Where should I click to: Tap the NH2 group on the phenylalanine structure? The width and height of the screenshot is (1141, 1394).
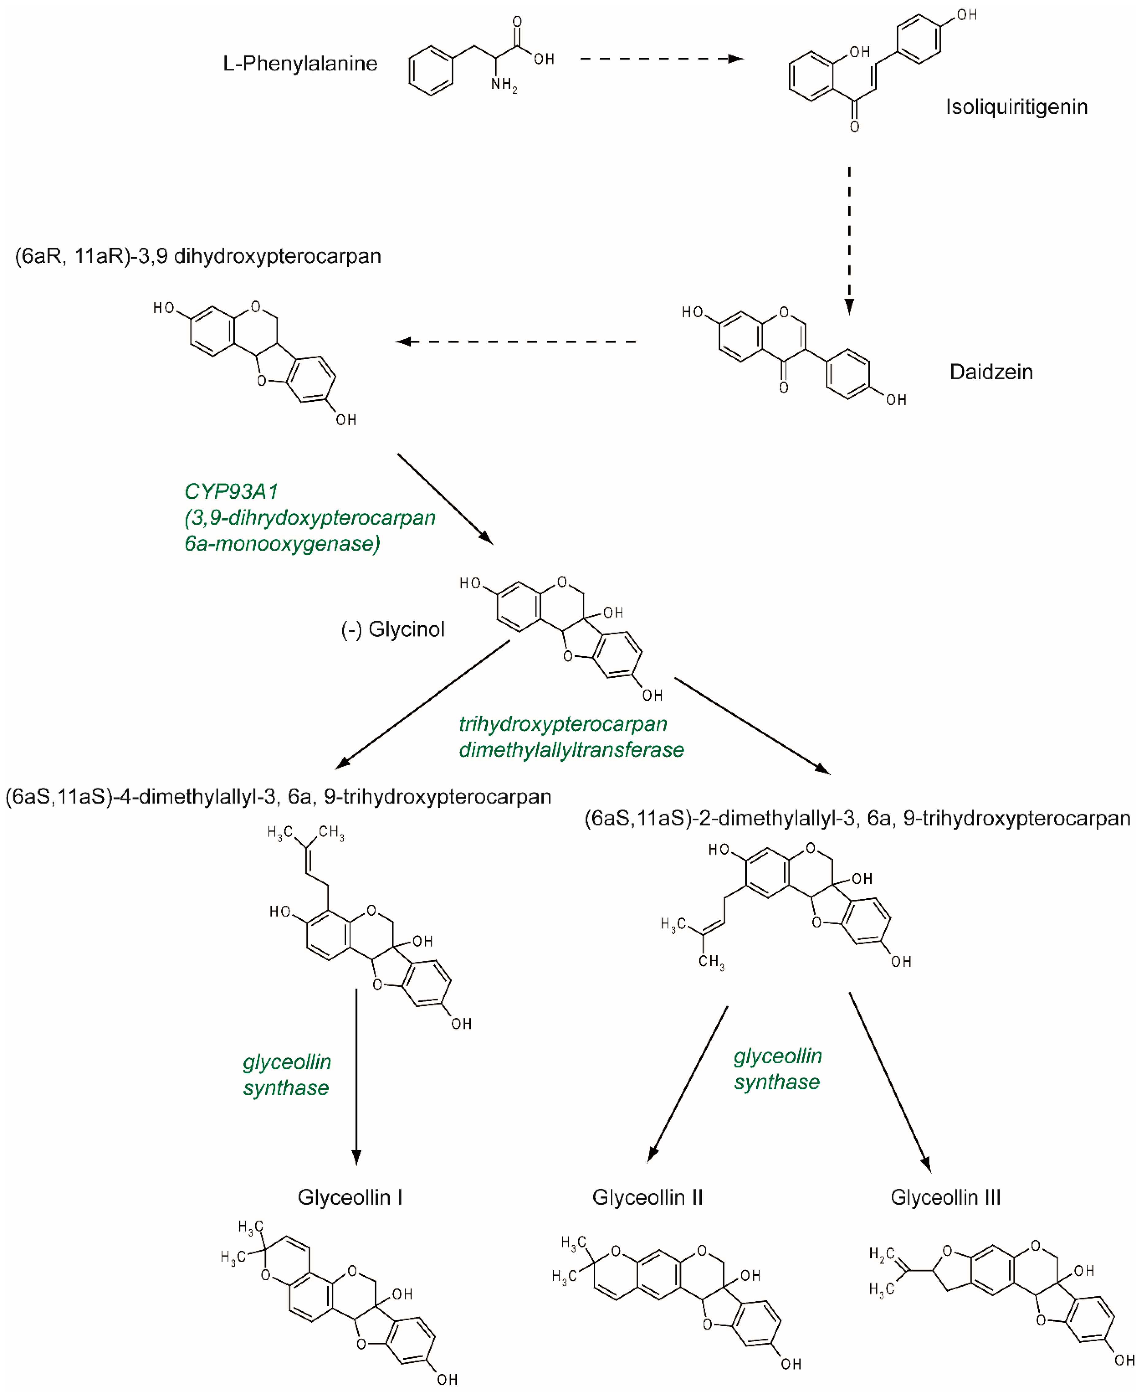pos(503,85)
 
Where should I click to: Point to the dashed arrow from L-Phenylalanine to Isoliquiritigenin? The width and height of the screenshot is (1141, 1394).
pos(661,59)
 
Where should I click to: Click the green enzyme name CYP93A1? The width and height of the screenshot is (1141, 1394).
pos(231,491)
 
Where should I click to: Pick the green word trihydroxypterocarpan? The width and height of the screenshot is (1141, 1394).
pos(563,724)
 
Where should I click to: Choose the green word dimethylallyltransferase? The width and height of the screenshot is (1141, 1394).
pos(571,749)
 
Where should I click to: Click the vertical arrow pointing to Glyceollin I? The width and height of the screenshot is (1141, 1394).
pos(356,1078)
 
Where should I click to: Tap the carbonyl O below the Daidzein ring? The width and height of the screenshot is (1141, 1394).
pos(783,388)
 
